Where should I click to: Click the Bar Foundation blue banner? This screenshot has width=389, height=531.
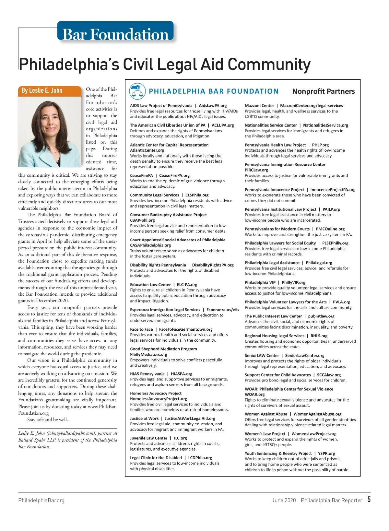click(115, 33)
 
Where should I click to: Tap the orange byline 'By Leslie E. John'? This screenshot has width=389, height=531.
click(42, 90)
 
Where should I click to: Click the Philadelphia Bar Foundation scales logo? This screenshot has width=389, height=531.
click(137, 91)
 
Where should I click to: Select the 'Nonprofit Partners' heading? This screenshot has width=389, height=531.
click(323, 91)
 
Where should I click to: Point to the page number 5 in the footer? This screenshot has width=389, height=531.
click(369, 500)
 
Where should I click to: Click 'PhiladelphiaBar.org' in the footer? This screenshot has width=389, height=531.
click(41, 500)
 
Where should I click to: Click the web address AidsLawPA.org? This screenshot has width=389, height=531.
click(213, 106)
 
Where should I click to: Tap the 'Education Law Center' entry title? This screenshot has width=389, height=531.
click(150, 285)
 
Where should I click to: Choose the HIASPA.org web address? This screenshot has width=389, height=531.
click(182, 374)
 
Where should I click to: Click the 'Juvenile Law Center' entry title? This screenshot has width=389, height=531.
click(148, 438)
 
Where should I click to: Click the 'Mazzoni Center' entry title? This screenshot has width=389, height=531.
click(259, 106)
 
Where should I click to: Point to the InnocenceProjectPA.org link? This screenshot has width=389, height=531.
click(333, 190)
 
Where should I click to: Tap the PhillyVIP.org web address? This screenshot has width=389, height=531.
click(293, 282)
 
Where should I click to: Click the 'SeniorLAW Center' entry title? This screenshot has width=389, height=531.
click(262, 356)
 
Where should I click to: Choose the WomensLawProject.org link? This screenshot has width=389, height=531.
click(314, 434)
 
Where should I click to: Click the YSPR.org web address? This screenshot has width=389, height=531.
click(326, 454)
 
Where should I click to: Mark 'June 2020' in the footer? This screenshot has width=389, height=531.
click(284, 500)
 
